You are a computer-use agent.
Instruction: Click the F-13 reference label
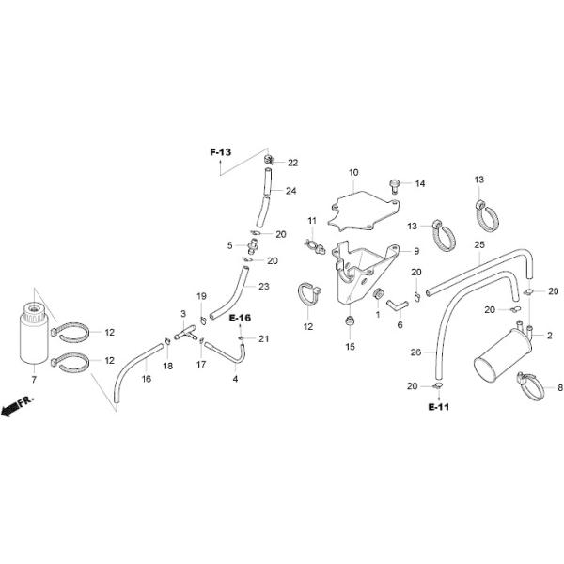[220, 152]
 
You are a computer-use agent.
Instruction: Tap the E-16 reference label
[240, 319]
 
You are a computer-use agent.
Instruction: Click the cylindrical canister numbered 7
[35, 335]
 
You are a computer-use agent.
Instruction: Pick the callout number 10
[353, 173]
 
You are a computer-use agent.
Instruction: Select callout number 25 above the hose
[478, 245]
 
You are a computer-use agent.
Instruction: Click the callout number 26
[417, 353]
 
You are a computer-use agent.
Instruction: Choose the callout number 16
[147, 379]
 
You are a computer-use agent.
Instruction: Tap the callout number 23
[264, 287]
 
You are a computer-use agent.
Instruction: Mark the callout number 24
[291, 191]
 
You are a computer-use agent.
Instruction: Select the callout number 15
[350, 347]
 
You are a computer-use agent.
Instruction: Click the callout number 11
[311, 221]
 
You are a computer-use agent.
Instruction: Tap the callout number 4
[235, 379]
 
